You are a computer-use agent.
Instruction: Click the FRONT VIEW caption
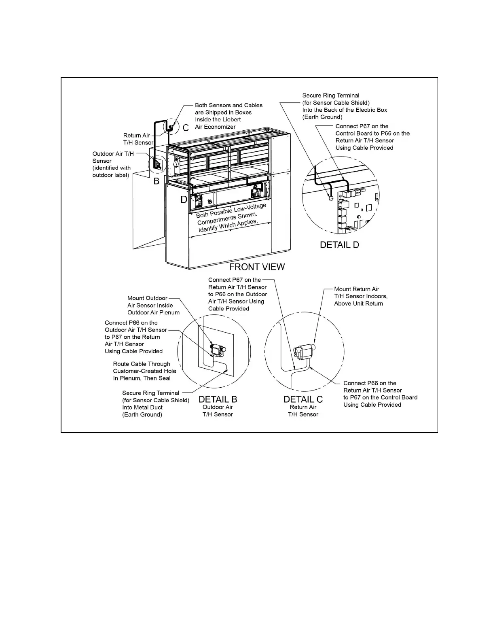[257, 267]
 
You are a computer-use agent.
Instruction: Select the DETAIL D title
[339, 245]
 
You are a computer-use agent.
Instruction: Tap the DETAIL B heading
[218, 399]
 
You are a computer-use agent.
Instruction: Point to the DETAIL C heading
[303, 399]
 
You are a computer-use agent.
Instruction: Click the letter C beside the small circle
[186, 128]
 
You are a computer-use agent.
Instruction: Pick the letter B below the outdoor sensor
[157, 182]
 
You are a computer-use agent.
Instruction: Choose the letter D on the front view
[184, 200]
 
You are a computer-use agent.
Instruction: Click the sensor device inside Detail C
[305, 350]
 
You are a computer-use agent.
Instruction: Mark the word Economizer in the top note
[221, 127]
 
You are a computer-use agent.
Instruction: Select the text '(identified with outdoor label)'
[112, 172]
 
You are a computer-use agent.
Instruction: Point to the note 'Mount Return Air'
[357, 289]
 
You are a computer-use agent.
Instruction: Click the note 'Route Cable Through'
[142, 364]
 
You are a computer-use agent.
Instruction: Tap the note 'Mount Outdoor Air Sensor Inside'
[150, 302]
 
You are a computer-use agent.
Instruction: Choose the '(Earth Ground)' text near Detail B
[142, 415]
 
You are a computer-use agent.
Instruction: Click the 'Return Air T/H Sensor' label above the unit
[138, 139]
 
